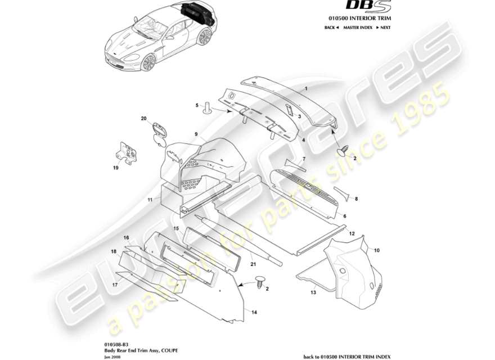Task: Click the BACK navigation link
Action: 331,28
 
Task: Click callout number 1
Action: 306,89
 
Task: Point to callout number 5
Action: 197,105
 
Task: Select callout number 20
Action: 143,118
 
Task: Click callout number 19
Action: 115,167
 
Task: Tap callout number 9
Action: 196,134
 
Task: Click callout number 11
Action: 150,200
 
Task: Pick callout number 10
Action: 377,250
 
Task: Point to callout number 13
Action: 313,293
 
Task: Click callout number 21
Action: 253,264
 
